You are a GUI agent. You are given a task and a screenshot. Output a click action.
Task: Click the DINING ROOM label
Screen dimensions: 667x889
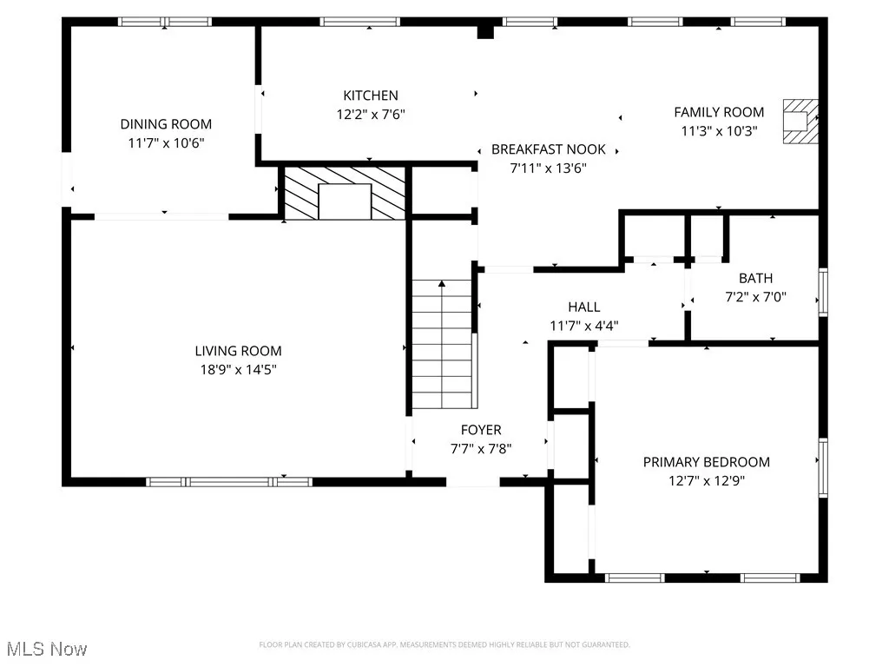pyautogui.click(x=166, y=124)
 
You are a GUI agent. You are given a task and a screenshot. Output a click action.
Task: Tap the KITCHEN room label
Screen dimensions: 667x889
pyautogui.click(x=371, y=96)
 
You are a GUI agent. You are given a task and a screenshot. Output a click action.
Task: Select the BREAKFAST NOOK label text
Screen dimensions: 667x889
pyautogui.click(x=549, y=149)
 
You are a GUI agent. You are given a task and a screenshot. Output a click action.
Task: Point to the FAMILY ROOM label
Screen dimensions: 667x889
pyautogui.click(x=719, y=112)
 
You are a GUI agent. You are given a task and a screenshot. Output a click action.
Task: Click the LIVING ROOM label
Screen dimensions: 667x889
pyautogui.click(x=238, y=351)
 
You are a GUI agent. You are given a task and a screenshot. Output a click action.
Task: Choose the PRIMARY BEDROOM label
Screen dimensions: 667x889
pyautogui.click(x=706, y=462)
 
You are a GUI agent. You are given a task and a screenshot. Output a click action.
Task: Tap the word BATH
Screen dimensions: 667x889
pyautogui.click(x=755, y=279)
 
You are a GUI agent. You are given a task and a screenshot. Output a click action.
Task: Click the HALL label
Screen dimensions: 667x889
pyautogui.click(x=583, y=307)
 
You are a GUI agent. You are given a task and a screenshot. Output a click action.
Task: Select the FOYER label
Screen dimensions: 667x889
pyautogui.click(x=480, y=430)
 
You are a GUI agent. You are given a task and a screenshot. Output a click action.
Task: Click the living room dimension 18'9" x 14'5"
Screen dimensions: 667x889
pyautogui.click(x=238, y=369)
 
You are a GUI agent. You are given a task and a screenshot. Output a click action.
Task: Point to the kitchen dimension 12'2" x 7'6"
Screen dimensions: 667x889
pyautogui.click(x=371, y=114)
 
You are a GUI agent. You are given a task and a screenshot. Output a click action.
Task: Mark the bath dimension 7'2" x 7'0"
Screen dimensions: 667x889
pyautogui.click(x=755, y=297)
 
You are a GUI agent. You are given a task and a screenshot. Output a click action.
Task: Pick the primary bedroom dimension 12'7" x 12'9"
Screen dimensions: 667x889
pyautogui.click(x=706, y=480)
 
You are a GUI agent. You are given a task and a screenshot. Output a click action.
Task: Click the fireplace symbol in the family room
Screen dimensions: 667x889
pyautogui.click(x=799, y=121)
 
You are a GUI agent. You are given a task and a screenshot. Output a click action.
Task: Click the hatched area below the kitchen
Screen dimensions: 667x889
pyautogui.click(x=345, y=193)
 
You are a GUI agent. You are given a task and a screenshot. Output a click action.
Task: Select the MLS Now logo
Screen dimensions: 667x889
pyautogui.click(x=46, y=649)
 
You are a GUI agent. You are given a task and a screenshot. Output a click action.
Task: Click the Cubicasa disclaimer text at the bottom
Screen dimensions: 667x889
pyautogui.click(x=444, y=644)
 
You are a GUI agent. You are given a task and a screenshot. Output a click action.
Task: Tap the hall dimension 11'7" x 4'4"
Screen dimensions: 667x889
pyautogui.click(x=583, y=326)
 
